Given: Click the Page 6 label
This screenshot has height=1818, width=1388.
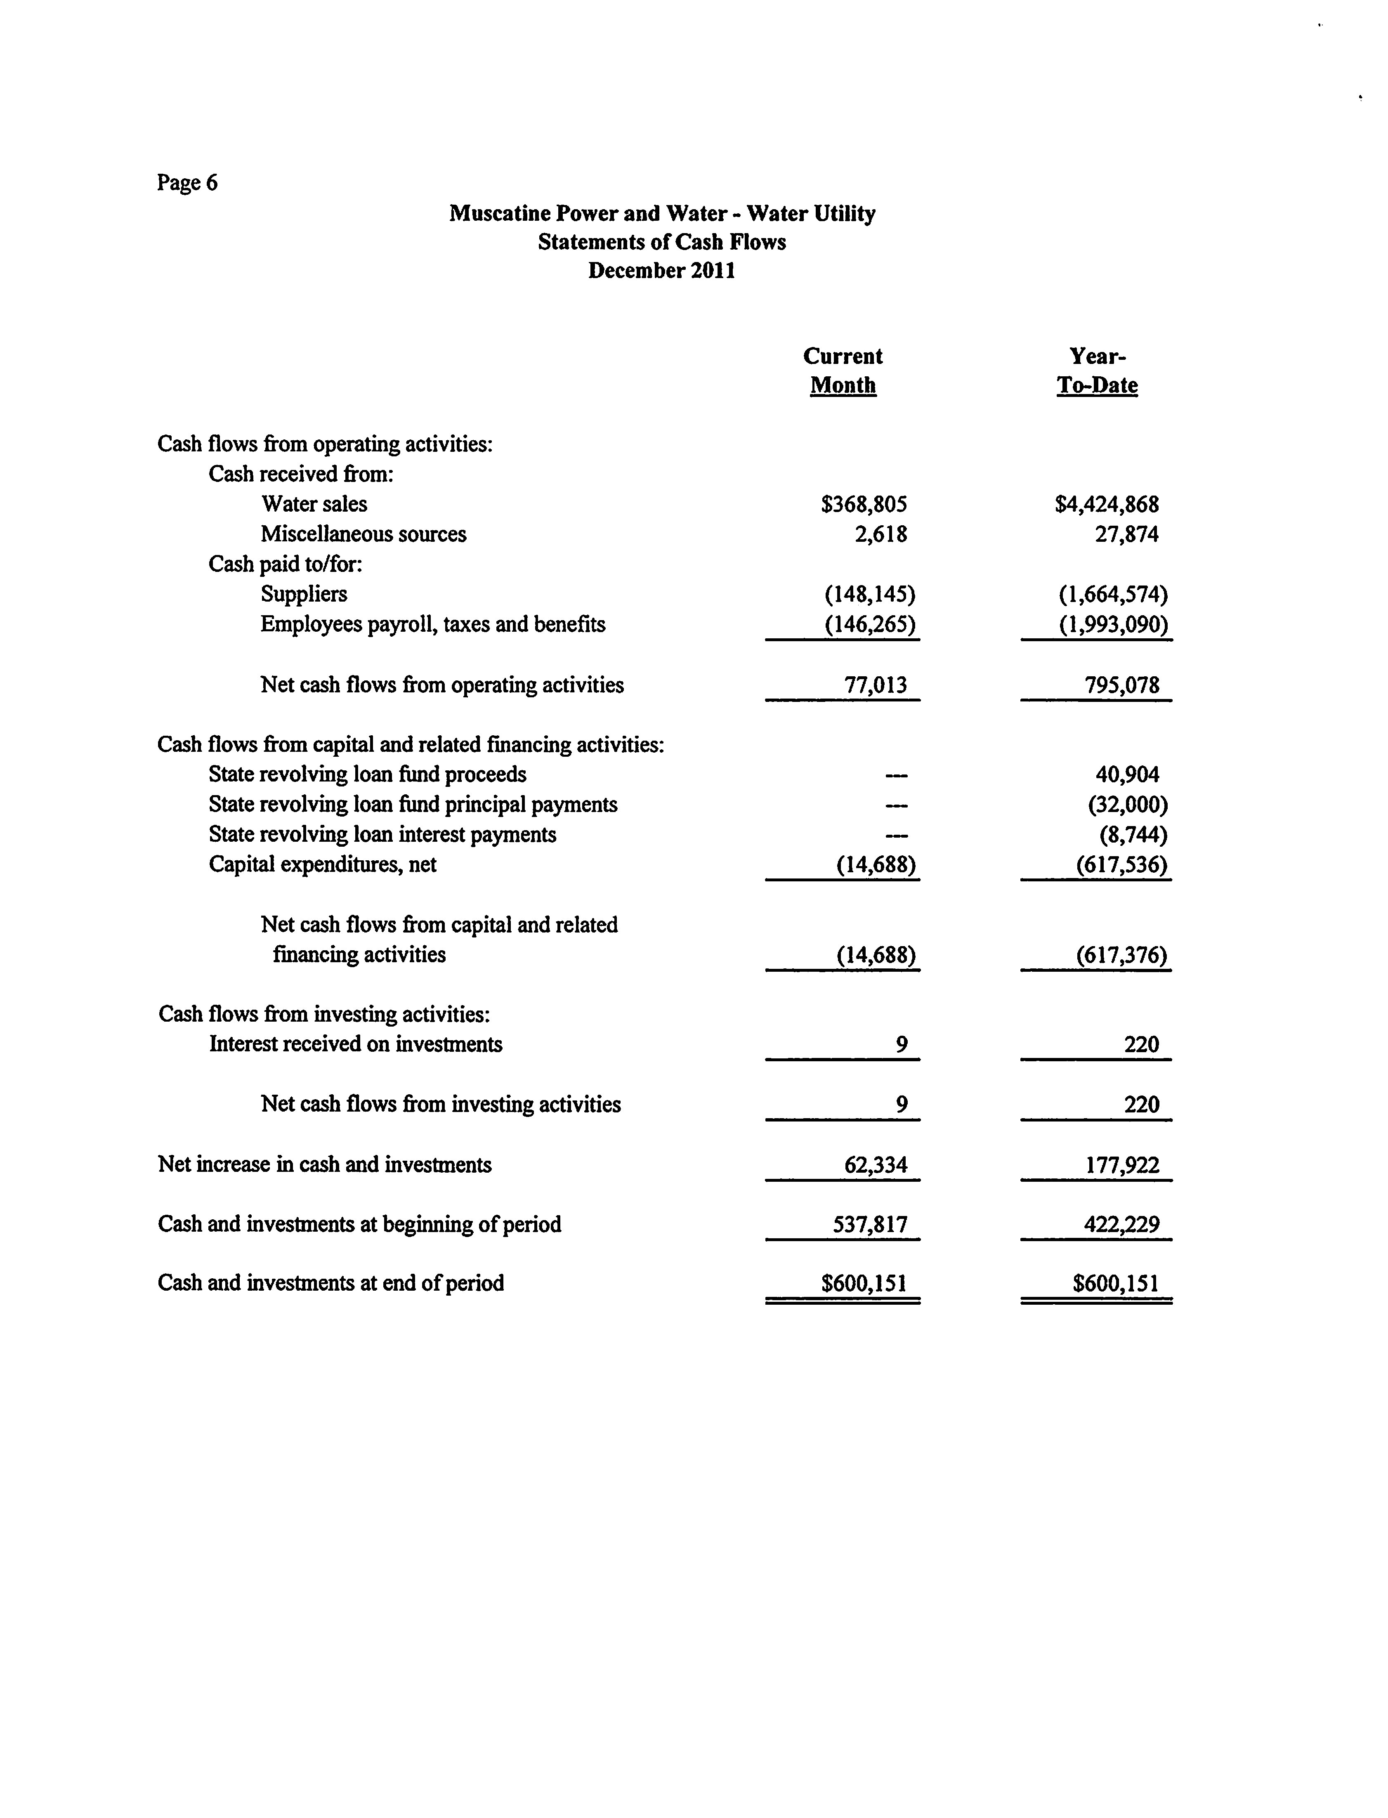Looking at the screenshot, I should coord(188,182).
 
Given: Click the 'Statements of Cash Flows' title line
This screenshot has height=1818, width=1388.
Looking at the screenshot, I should coord(662,242).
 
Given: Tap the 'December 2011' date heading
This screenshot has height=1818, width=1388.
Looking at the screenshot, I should coord(662,271).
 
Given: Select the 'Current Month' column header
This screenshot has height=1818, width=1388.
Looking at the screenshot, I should coord(843,371).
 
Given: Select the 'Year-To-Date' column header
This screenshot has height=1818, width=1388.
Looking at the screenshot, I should coord(1097,371).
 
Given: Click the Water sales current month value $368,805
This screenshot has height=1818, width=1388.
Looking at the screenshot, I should coord(864,504).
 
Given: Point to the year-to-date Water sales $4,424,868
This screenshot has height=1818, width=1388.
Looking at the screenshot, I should coord(1107,504).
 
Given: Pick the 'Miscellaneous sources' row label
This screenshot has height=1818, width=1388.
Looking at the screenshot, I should coord(364,534).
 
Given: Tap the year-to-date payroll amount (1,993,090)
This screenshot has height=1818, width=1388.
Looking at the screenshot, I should coord(1114,624).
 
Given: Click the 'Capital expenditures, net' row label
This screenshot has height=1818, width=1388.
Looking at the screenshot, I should coord(322,865).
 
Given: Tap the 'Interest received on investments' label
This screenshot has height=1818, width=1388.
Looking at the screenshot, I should coord(355,1044).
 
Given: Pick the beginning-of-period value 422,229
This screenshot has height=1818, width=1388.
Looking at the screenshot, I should coord(1122,1224).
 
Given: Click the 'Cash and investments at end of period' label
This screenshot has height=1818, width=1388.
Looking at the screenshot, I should coord(330,1283).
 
